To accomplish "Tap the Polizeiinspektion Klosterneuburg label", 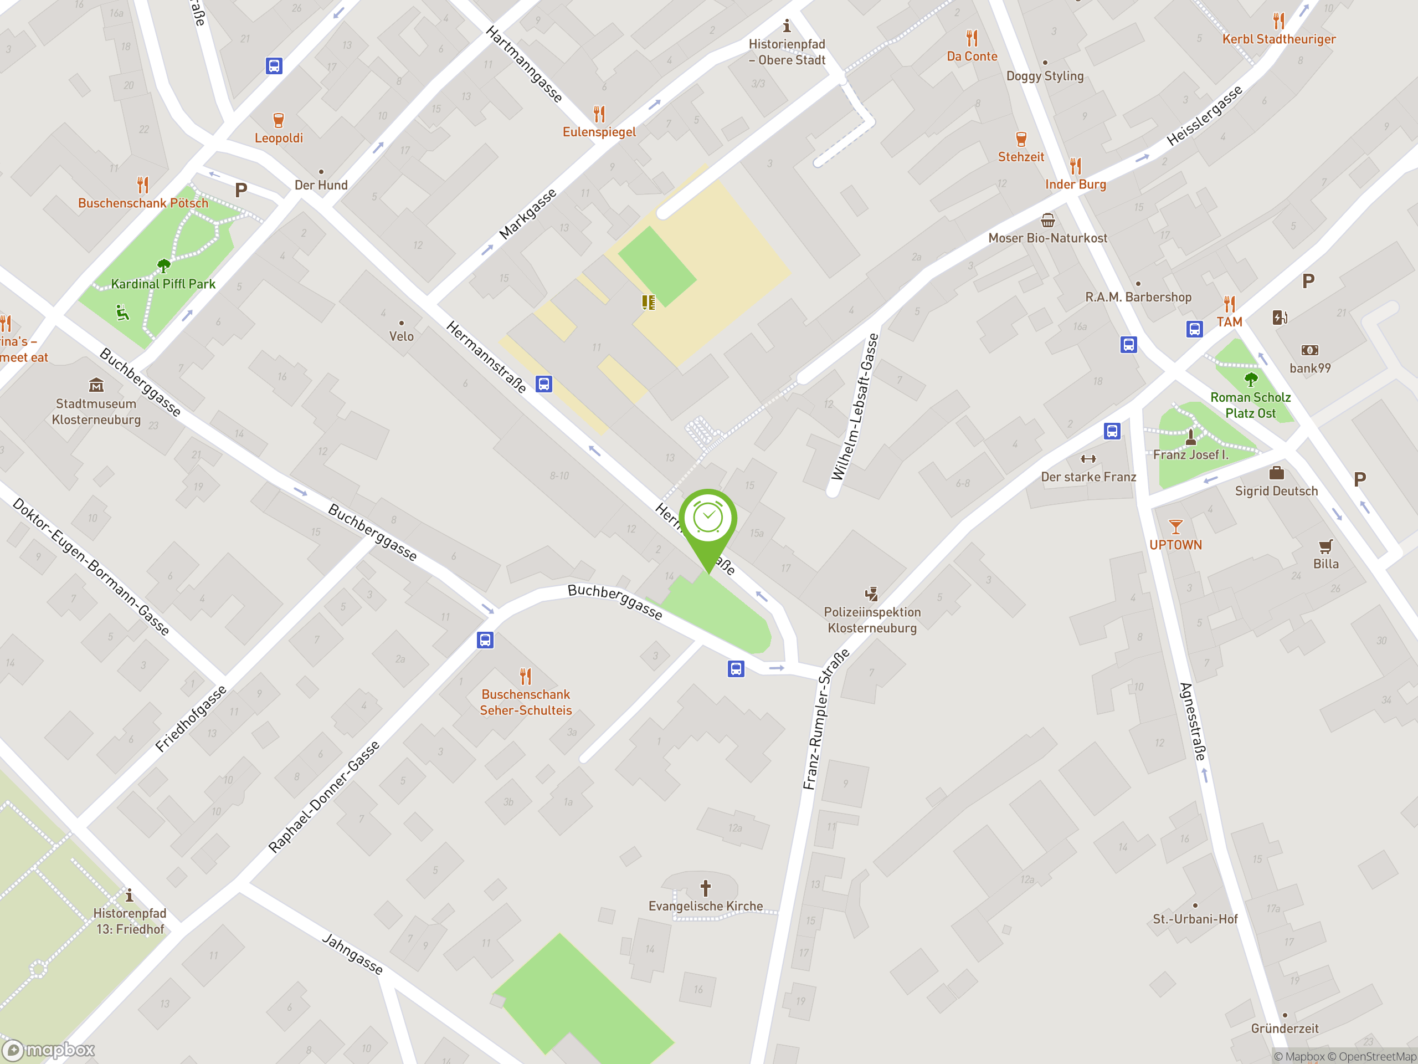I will [872, 620].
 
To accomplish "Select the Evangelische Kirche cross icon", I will [705, 888].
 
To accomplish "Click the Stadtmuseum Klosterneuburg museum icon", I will [96, 385].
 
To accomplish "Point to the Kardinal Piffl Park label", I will [163, 284].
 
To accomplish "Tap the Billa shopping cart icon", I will [1325, 546].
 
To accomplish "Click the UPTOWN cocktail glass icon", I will [1175, 527].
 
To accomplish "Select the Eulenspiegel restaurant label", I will [599, 132].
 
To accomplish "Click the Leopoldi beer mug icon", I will [278, 120].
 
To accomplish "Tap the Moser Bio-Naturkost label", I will [1047, 238].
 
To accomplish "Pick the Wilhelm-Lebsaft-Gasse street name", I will [855, 407].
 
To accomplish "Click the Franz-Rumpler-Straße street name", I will [826, 719].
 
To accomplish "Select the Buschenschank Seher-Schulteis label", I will [526, 702].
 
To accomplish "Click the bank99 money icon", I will [1309, 350].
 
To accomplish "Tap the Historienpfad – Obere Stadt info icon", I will [787, 26].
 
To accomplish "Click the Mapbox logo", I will [49, 1050].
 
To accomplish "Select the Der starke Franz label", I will [1088, 477].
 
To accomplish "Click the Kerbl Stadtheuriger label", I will [1279, 39].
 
